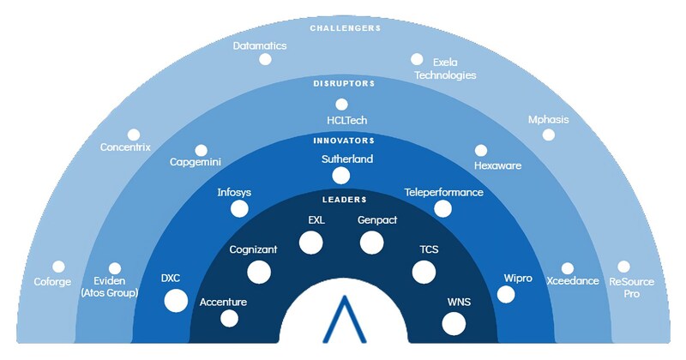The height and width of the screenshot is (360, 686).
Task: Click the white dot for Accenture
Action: pyautogui.click(x=229, y=318)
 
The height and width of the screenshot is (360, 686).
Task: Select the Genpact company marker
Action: pyautogui.click(x=371, y=243)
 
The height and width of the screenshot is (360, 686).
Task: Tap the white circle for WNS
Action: pyautogui.click(x=454, y=323)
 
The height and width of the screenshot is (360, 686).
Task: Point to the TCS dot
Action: pyautogui.click(x=424, y=272)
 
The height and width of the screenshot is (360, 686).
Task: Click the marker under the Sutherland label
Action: pyautogui.click(x=340, y=176)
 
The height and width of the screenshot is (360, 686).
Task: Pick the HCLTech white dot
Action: pyautogui.click(x=341, y=105)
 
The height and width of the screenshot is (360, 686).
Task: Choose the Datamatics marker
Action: pyautogui.click(x=265, y=59)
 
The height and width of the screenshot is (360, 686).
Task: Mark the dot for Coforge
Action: pyautogui.click(x=58, y=267)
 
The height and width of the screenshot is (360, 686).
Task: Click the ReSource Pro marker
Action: pyautogui.click(x=623, y=267)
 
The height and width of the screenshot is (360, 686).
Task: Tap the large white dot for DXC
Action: pyautogui.click(x=175, y=300)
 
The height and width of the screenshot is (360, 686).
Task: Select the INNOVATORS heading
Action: pyautogui.click(x=342, y=140)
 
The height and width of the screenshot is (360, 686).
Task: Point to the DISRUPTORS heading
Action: pyautogui.click(x=342, y=84)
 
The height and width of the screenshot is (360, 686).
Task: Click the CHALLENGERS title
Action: pyautogui.click(x=344, y=28)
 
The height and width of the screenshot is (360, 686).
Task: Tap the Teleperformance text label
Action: pyautogui.click(x=443, y=192)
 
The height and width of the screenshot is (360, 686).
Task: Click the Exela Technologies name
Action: pyautogui.click(x=445, y=69)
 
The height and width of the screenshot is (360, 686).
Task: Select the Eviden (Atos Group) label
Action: pyautogui.click(x=110, y=287)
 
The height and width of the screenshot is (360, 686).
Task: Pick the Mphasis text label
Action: pyautogui.click(x=548, y=119)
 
